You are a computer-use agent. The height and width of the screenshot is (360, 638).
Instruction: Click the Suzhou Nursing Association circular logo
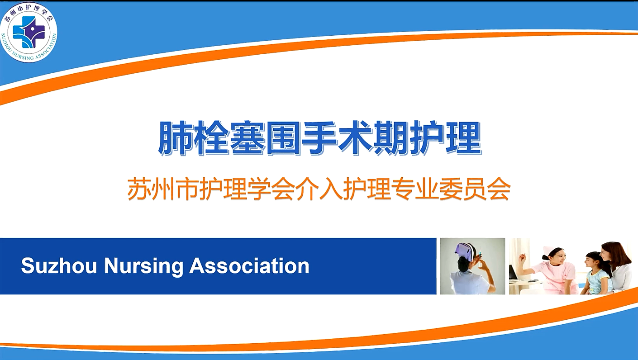[x=29, y=32]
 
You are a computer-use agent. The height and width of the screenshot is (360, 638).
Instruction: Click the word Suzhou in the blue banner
[x=59, y=266]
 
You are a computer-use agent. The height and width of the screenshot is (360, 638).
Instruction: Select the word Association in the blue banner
[x=249, y=266]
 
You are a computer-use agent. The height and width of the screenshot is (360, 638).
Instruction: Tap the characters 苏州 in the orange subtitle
[x=151, y=189]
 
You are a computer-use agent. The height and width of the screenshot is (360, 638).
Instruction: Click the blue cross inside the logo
[x=29, y=32]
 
